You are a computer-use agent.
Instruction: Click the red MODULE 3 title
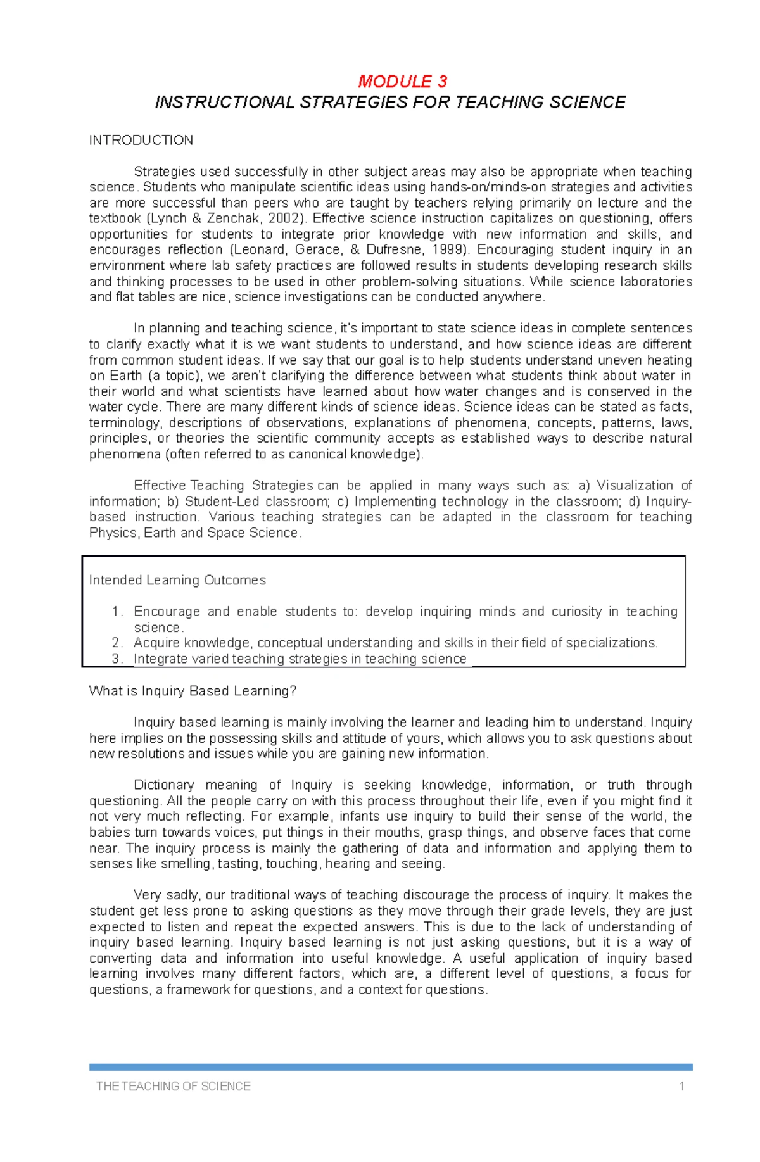(x=402, y=82)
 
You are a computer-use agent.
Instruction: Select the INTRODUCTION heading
(x=141, y=141)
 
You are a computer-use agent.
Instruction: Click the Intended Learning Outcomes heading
(x=177, y=580)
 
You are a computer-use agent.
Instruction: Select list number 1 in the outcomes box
(x=117, y=612)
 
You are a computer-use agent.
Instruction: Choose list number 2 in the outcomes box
(x=117, y=643)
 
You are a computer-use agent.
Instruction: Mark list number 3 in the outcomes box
(x=117, y=659)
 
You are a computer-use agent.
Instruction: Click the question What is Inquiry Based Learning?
(x=193, y=691)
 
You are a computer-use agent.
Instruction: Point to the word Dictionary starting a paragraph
(x=163, y=785)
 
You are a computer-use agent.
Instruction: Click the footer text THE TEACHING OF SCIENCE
(x=173, y=1087)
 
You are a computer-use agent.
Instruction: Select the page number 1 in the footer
(x=681, y=1087)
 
